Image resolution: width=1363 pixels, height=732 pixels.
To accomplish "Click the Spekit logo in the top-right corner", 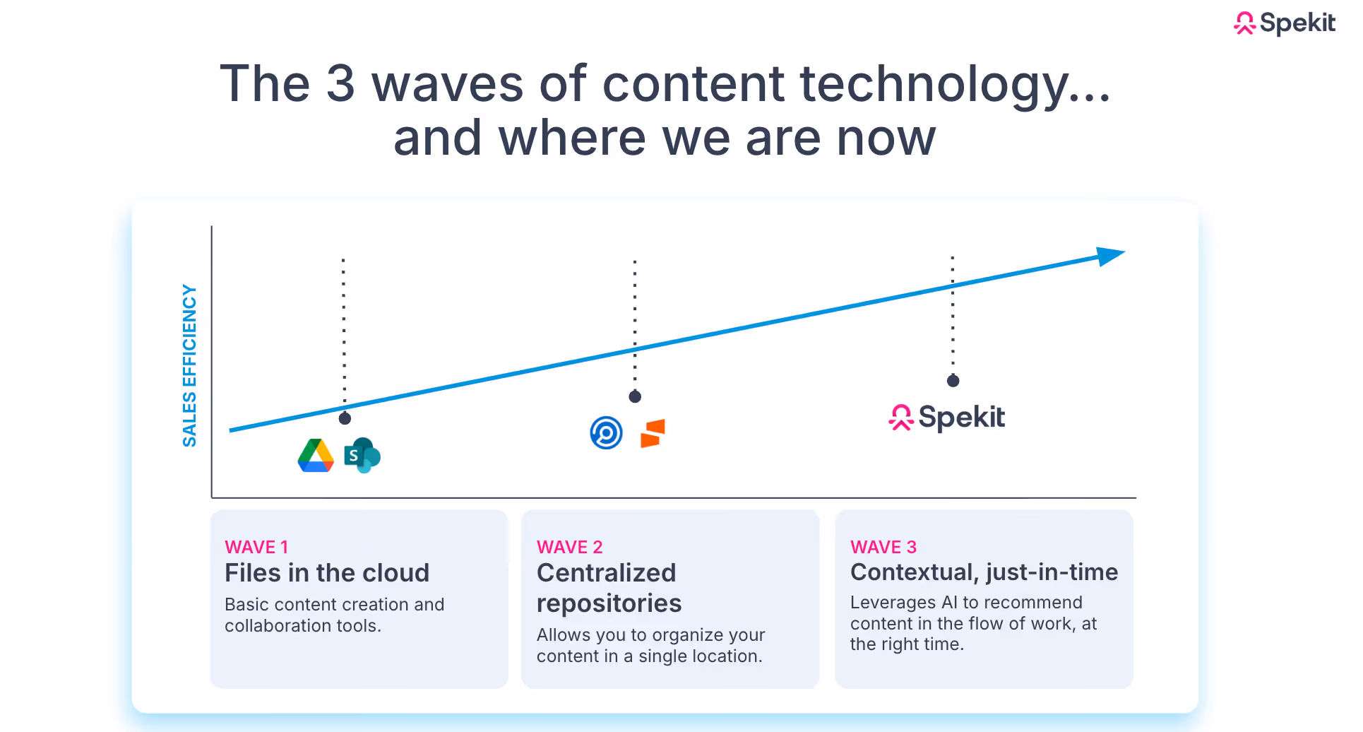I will (1284, 23).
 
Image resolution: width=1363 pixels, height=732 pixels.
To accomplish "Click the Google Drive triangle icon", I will (316, 456).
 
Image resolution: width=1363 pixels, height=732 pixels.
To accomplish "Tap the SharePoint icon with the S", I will (362, 456).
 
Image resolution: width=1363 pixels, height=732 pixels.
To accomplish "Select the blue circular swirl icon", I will (606, 433).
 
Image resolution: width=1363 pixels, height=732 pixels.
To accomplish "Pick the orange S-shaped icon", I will (653, 433).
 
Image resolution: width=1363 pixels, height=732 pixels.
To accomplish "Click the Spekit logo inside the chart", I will (946, 417).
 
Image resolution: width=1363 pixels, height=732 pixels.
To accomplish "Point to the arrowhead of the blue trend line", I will (1110, 256).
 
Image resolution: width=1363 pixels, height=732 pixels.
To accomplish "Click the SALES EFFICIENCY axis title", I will (189, 365).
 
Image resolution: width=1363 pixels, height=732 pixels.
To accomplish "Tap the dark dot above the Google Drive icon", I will (345, 418).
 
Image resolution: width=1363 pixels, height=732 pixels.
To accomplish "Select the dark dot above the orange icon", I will (635, 396).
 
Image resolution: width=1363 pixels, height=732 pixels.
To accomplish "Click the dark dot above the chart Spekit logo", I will (953, 381).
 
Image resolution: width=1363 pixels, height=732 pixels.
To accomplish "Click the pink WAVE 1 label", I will (256, 547).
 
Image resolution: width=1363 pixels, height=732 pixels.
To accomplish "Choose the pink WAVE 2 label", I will (569, 547).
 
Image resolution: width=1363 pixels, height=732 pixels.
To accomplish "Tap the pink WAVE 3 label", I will (883, 547).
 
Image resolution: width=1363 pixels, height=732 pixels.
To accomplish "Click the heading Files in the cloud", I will (326, 572).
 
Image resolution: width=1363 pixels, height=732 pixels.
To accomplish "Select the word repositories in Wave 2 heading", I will (609, 603).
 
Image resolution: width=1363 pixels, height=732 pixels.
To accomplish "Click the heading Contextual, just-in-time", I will (984, 572).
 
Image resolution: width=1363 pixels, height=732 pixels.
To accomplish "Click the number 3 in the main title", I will (340, 84).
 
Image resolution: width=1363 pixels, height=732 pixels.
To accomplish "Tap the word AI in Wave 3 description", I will (949, 603).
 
